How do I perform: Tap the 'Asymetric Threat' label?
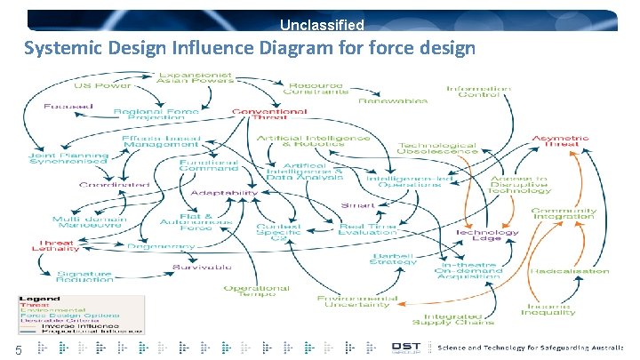click(560, 142)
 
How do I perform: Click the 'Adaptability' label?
click(231, 192)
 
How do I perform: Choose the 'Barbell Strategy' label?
click(394, 259)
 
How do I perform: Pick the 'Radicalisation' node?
click(569, 270)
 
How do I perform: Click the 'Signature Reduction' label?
click(84, 276)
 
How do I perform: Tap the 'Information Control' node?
click(478, 92)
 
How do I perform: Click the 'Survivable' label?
click(203, 266)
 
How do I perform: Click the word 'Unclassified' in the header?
click(322, 26)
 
